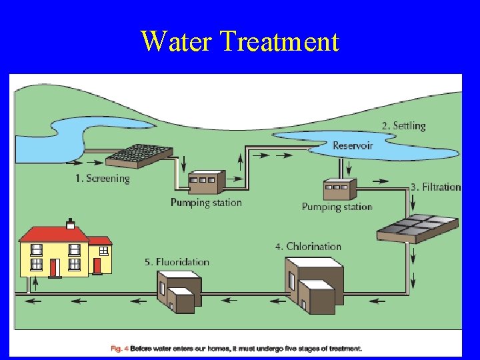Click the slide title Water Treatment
240,41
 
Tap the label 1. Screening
102,178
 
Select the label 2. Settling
403,125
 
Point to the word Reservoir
353,145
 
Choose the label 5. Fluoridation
177,262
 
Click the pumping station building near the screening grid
207,181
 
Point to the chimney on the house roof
70,223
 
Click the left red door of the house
54,267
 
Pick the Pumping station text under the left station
206,203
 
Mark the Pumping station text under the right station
337,207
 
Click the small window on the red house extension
104,251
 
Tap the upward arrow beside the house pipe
35,283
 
